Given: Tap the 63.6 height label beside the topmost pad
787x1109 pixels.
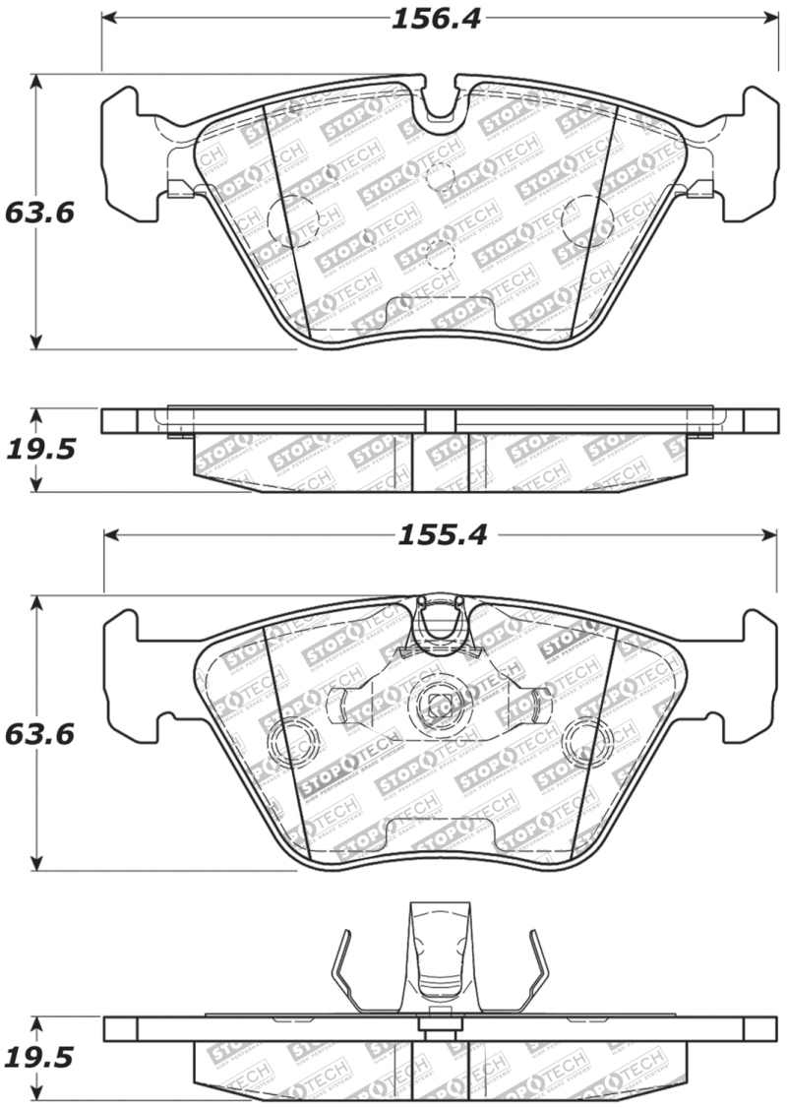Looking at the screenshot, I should [x=39, y=213].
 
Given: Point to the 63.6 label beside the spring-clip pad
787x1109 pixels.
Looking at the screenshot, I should [x=39, y=734].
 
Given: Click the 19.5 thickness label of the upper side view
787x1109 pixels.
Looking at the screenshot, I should [x=39, y=450].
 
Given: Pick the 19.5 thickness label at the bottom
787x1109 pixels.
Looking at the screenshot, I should [x=39, y=1058].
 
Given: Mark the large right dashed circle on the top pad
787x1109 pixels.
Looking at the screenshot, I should [x=585, y=219].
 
